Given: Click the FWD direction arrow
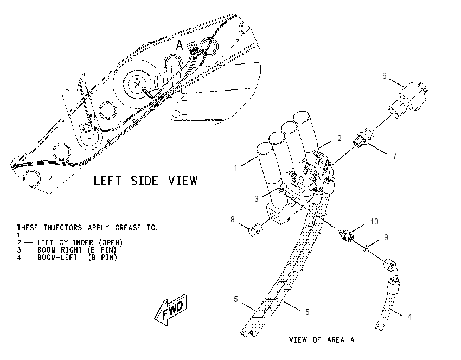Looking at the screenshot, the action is coord(171,310).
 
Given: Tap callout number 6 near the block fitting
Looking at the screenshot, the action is coord(385,75).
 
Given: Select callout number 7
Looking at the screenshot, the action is coord(395,156).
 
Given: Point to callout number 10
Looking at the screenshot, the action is coord(374,222).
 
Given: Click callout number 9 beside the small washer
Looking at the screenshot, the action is coord(386,237).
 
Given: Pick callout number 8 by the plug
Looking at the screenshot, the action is coord(233,219).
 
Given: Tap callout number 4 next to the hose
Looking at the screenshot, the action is coord(409,317).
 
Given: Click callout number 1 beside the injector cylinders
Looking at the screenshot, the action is coord(236,168).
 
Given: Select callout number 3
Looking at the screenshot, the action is coord(257,199).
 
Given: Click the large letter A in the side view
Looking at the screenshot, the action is coord(180,46).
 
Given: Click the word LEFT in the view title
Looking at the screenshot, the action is coord(107,181).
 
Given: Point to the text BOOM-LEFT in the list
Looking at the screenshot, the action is coord(57,258).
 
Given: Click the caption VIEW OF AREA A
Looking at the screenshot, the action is coord(322,340).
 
